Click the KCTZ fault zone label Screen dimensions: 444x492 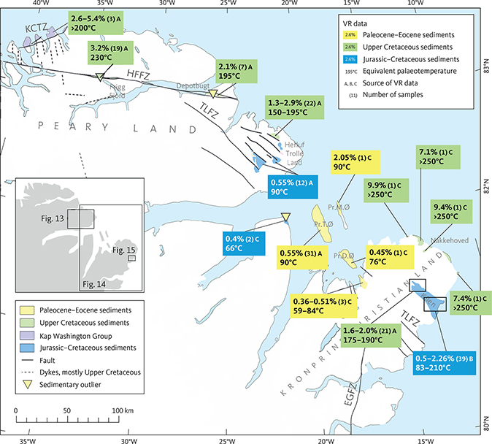34,29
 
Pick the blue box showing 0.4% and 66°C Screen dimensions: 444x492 245,244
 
